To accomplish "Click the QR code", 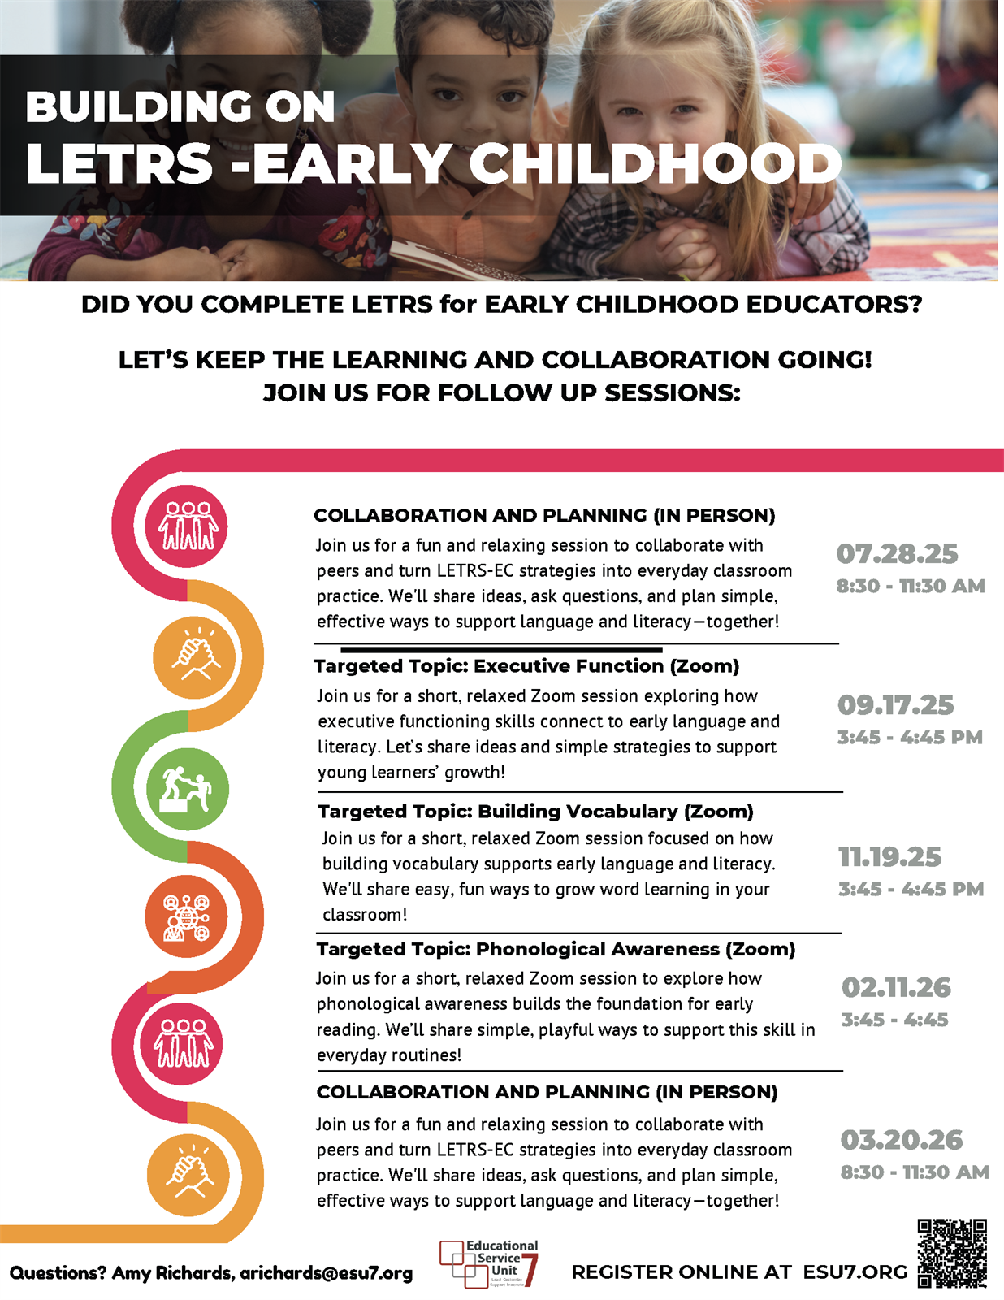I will point(952,1253).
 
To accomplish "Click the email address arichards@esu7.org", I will point(326,1273).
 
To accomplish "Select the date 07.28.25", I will point(897,554).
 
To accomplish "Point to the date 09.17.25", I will point(895,705).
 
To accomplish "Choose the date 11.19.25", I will point(889,857).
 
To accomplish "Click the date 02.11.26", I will point(895,988).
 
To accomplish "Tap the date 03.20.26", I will point(901,1141).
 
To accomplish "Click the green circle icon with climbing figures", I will point(187,789).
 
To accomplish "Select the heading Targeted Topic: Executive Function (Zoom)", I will point(526,666).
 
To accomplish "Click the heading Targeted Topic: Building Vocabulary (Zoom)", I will point(535,812).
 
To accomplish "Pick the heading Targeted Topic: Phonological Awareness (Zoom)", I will point(556,949).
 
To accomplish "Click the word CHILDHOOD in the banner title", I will point(655,164).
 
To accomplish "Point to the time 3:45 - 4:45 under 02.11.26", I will point(894,1020).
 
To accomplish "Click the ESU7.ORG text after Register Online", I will point(855,1272).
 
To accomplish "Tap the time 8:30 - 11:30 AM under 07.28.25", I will point(910,587).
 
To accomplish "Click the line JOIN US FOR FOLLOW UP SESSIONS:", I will point(501,393).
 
